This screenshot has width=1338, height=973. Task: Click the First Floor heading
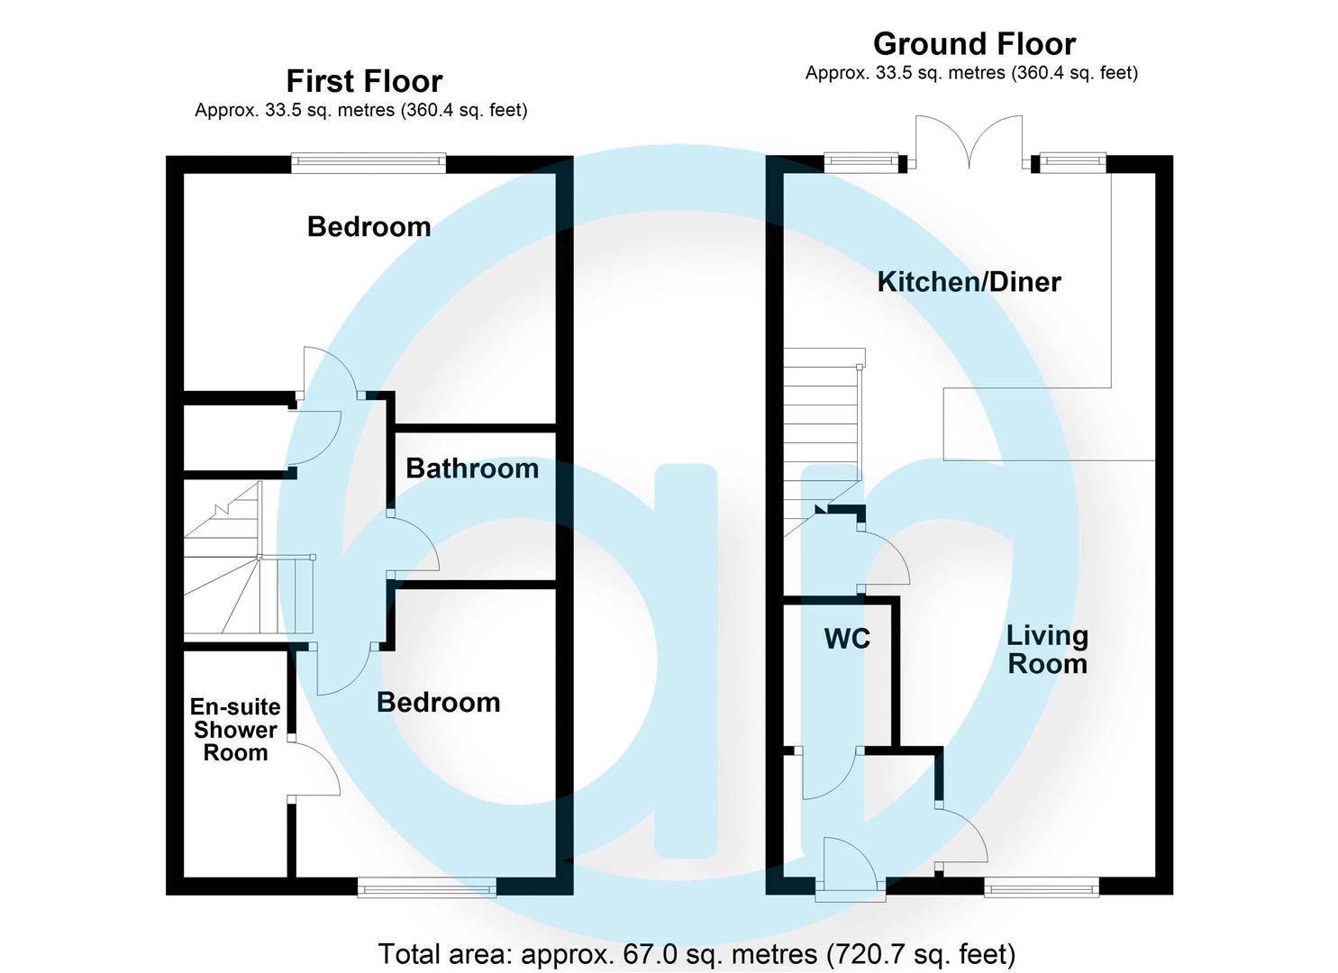(364, 81)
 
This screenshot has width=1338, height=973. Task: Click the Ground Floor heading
(974, 44)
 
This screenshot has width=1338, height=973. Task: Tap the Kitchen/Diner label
(969, 282)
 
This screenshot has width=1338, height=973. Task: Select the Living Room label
(1047, 650)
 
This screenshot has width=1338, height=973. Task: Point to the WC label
(847, 639)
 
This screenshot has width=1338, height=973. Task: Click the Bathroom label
(472, 468)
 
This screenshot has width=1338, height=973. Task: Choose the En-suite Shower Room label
(235, 730)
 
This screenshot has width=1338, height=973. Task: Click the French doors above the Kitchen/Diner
(969, 143)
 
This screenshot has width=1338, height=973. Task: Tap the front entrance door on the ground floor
(851, 869)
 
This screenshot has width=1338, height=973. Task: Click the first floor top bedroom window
(369, 163)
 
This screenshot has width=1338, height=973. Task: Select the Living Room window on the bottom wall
(1042, 887)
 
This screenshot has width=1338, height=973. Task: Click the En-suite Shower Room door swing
(314, 767)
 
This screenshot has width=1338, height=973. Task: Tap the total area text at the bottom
(696, 954)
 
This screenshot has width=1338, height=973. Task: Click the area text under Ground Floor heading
(971, 74)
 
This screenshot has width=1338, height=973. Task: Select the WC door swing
(832, 775)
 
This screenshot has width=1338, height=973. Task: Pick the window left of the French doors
(861, 162)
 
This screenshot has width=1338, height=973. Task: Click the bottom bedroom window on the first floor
(427, 887)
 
